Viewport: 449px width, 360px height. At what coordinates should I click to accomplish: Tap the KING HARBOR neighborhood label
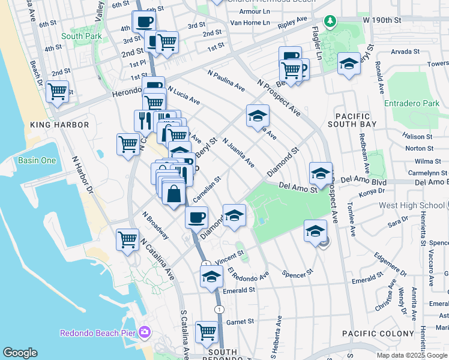(x=59, y=125)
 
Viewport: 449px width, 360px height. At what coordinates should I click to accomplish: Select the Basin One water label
(x=37, y=160)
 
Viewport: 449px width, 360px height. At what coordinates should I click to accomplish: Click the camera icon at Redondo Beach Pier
(x=145, y=332)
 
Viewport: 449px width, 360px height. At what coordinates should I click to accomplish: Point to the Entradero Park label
(x=414, y=104)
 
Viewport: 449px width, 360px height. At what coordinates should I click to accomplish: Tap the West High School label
(x=411, y=206)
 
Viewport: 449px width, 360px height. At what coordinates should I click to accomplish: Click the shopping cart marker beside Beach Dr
(x=57, y=92)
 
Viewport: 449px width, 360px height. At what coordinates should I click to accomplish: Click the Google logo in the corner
(x=20, y=353)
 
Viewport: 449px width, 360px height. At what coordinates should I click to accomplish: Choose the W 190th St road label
(x=382, y=20)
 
